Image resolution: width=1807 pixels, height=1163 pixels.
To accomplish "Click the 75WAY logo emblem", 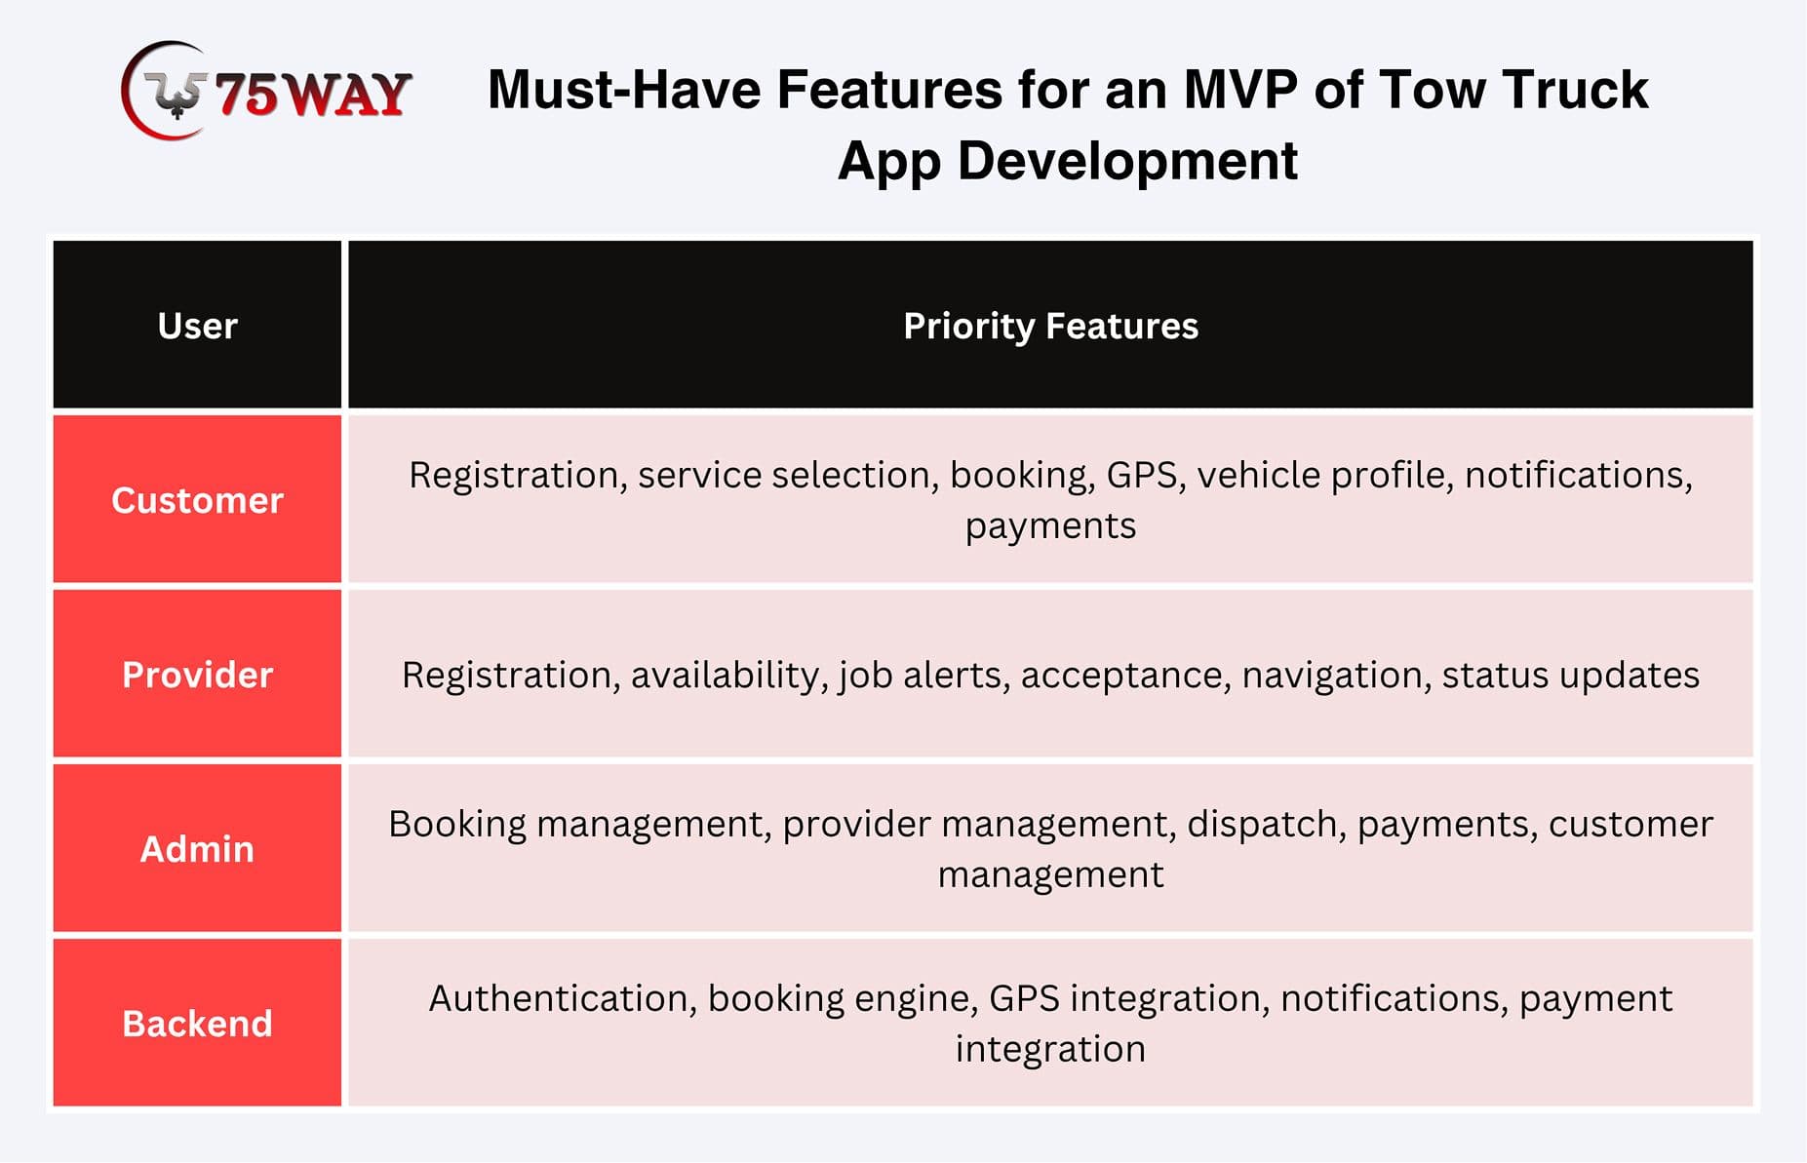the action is click(x=164, y=91).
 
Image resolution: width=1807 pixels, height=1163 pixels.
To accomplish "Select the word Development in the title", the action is click(x=1127, y=161).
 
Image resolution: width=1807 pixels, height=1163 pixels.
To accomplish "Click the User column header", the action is click(x=198, y=326).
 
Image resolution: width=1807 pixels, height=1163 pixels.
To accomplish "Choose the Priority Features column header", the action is click(x=1050, y=327).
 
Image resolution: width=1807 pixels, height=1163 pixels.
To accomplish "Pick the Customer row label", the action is click(x=198, y=500).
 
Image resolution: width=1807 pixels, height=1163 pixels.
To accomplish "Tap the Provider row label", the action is click(x=198, y=675).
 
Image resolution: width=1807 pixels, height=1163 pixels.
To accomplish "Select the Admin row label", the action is click(x=198, y=849).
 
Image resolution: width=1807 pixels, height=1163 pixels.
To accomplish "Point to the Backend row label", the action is click(x=198, y=1024).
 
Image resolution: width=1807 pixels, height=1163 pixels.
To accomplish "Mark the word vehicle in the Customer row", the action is click(x=1259, y=475).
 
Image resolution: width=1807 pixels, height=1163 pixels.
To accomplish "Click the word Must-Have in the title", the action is click(x=624, y=90).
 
